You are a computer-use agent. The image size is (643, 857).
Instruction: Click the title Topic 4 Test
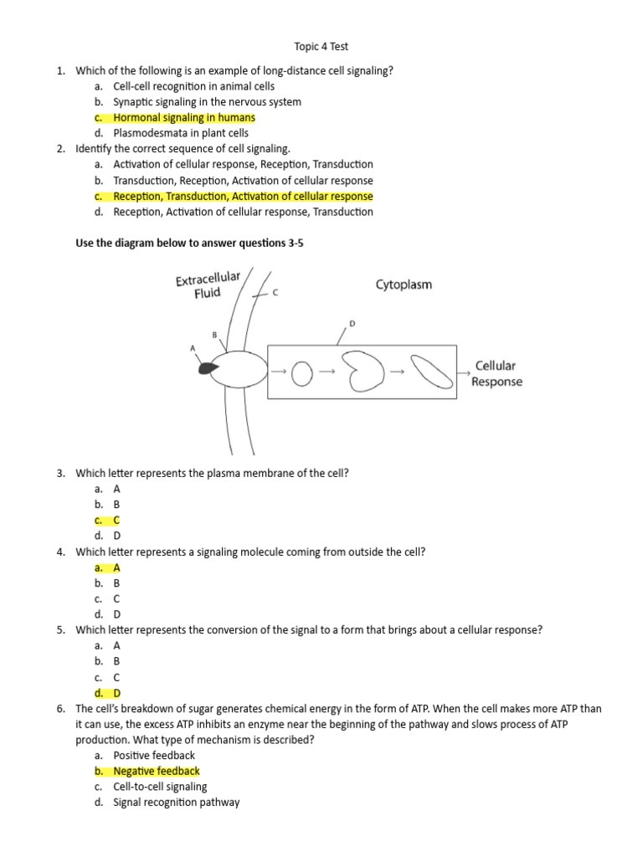point(321,47)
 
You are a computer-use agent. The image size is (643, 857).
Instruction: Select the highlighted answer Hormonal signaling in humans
point(184,117)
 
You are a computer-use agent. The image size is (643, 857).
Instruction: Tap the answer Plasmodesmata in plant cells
point(181,133)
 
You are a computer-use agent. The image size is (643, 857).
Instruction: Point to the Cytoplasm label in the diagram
point(404,285)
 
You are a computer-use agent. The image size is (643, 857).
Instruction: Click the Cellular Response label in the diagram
point(496,374)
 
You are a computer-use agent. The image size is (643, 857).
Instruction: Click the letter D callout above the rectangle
point(352,323)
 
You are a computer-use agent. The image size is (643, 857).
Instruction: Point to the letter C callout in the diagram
point(275,294)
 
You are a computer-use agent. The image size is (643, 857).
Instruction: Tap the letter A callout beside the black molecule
point(193,348)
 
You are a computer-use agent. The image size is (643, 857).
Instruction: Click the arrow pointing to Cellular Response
point(463,369)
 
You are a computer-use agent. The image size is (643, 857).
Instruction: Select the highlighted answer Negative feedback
point(157,771)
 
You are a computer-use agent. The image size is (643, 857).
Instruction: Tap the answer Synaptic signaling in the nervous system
point(207,102)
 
